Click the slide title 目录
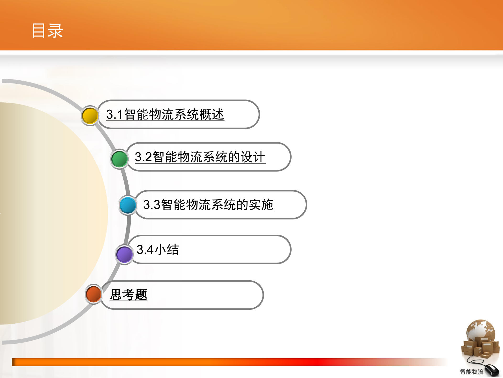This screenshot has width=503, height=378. pos(47,31)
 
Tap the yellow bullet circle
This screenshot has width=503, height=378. pos(90,115)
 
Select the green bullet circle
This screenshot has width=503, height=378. pos(119,159)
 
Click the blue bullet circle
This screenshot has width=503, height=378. pos(128,205)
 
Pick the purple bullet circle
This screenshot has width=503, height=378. pos(124,254)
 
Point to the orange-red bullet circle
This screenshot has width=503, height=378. pos(94,294)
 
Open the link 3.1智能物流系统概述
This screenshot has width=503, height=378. pos(165,114)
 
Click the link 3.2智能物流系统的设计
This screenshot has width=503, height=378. pos(200,157)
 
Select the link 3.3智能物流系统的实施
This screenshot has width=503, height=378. pos(208,205)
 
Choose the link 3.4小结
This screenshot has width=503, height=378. pos(158,249)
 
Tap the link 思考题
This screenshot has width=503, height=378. pos(128,295)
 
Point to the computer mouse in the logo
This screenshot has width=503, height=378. pos(492,370)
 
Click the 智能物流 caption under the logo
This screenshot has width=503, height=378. pos(472,372)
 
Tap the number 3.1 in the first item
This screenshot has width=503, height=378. pos(115,114)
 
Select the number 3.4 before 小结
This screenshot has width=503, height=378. pos(145,249)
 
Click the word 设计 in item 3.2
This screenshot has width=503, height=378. pos(253,157)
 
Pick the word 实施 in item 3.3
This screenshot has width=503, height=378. pos(261,205)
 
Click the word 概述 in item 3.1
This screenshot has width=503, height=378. pos(211,114)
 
